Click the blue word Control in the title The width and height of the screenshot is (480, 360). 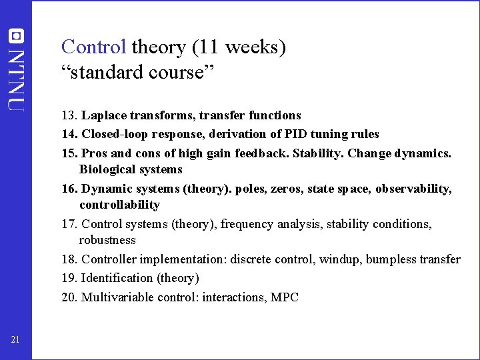(x=93, y=47)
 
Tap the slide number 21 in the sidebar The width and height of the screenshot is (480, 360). (x=15, y=341)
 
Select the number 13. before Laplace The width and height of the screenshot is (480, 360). (x=71, y=115)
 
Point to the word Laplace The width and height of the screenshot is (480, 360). (x=105, y=115)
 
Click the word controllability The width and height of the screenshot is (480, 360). (x=119, y=205)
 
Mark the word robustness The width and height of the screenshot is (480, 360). (x=107, y=240)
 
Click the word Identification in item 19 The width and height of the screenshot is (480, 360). (x=117, y=278)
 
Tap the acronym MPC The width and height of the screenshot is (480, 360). (x=285, y=297)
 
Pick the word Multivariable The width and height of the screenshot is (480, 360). (x=117, y=297)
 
